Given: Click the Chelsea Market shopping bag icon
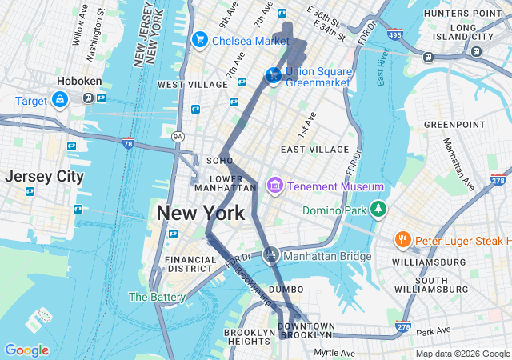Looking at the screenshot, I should (x=199, y=40).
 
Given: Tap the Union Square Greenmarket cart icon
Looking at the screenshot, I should (x=274, y=75).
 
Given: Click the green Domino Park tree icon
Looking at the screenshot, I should (x=378, y=210).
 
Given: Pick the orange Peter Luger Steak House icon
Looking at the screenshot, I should (x=403, y=240).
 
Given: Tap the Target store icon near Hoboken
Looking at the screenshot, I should (x=59, y=99).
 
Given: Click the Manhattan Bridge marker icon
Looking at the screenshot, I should (x=270, y=255).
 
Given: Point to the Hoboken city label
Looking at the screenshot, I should (x=78, y=81).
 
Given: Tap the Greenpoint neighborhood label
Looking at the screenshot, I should (x=454, y=125).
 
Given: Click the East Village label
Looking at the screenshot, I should (x=314, y=150).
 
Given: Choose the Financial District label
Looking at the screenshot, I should (x=190, y=265).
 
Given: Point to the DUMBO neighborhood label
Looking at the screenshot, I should (x=286, y=289).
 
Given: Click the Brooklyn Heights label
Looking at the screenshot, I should (x=250, y=338).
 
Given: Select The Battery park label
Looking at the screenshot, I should (x=158, y=297).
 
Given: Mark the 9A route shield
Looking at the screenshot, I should (x=178, y=138).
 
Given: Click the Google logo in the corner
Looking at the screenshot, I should (x=26, y=350).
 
